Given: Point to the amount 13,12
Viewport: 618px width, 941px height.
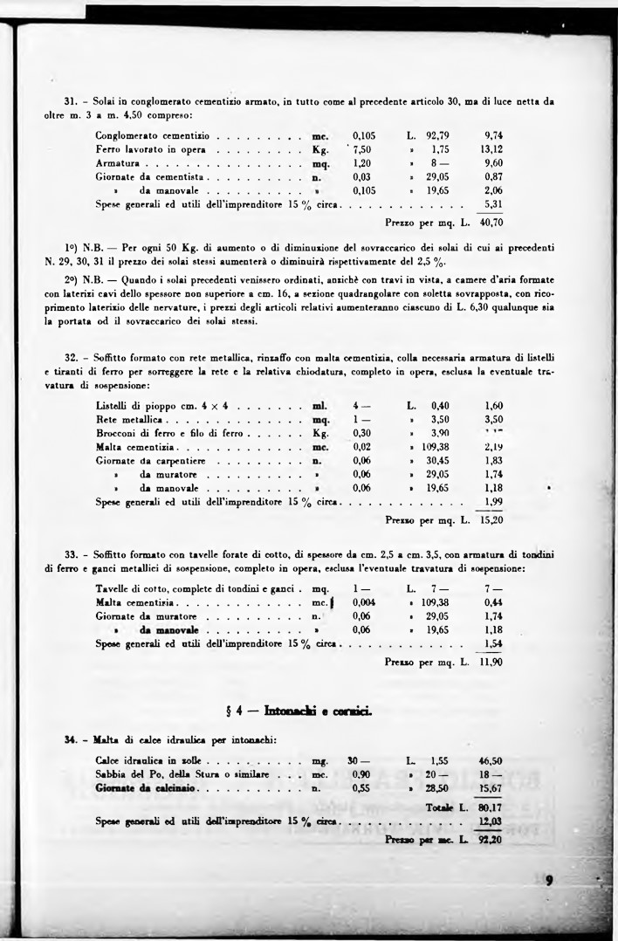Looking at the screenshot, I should click(x=493, y=149).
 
